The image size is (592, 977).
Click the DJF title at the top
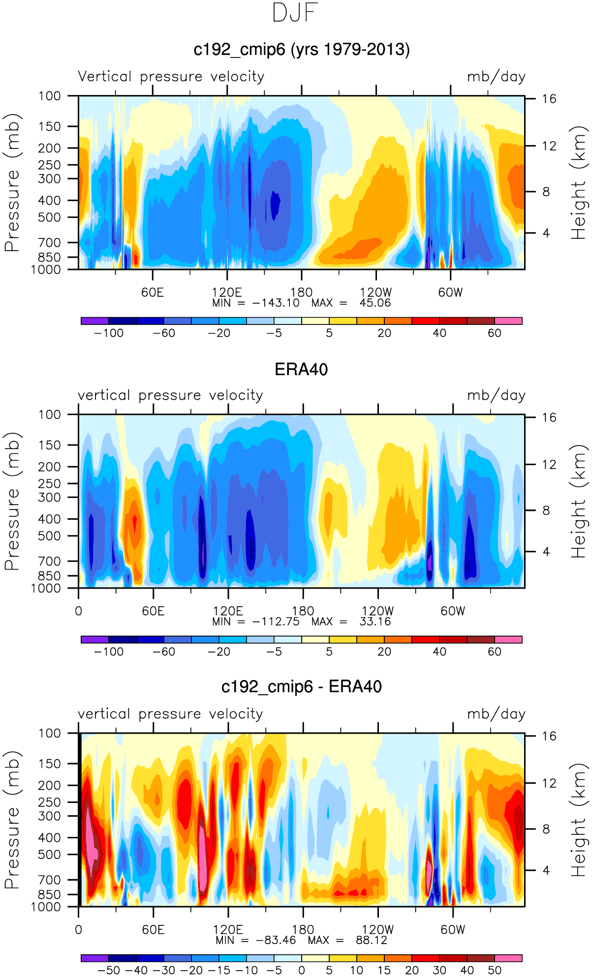tap(295, 13)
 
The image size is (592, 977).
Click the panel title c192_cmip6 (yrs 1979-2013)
tap(301, 50)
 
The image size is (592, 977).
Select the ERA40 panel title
tap(301, 369)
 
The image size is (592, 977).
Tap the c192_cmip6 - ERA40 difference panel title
tap(301, 686)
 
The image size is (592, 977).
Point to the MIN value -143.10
tap(276, 303)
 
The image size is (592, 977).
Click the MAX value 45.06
tap(375, 303)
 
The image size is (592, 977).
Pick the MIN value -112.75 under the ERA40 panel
tap(276, 622)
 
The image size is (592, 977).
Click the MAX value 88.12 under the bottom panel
tap(372, 940)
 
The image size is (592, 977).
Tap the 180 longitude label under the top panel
tap(301, 293)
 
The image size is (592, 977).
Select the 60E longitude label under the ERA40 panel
tap(153, 611)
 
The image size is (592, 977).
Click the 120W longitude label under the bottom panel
tap(378, 930)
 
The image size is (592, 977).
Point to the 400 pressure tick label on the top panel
tap(50, 200)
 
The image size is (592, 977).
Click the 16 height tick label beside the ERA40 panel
tap(549, 417)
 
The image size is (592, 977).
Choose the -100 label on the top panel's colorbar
tap(109, 333)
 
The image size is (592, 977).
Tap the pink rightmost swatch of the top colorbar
tap(508, 321)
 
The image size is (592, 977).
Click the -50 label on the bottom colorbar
tap(109, 970)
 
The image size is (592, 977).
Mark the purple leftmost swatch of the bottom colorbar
tap(94, 958)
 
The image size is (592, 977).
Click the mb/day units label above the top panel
tap(496, 77)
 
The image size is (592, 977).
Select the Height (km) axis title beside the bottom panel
tap(579, 820)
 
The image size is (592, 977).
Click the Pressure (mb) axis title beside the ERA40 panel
tap(12, 501)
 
